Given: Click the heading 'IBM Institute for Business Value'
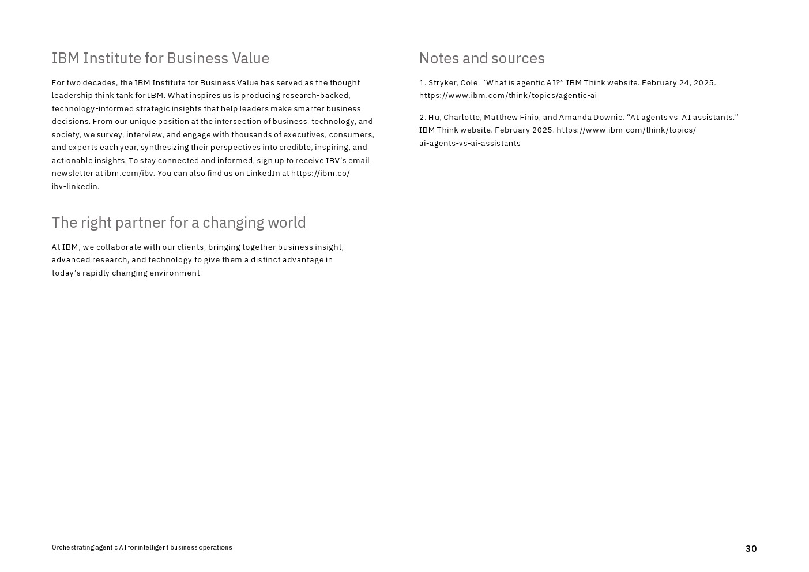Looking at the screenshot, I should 160,58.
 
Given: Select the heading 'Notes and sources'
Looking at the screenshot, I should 481,58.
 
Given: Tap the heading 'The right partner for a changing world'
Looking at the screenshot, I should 179,223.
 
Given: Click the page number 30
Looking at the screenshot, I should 751,549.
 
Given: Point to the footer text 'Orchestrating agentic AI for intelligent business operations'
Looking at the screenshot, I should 142,548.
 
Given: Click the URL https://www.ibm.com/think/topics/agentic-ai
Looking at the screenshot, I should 507,96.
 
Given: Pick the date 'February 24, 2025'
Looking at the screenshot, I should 678,83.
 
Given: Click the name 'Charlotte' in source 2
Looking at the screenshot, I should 461,118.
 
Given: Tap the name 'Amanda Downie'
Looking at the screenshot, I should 590,118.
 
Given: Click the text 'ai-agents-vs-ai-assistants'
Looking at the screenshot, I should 469,144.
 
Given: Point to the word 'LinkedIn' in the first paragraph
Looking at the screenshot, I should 263,174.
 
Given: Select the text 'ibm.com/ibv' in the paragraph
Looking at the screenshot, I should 129,174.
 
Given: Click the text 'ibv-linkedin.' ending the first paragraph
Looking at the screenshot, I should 76,187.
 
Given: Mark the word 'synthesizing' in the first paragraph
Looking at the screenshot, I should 164,148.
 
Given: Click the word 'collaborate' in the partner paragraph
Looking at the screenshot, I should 119,247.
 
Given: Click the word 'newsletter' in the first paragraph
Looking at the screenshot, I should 72,174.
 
